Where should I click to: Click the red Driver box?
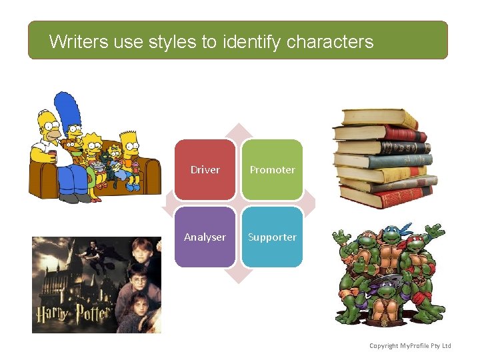pos(205,170)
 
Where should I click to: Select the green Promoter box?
pos(272,170)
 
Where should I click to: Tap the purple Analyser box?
pos(205,237)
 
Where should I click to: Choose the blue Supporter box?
pos(272,237)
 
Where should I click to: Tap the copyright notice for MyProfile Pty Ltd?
pos(410,345)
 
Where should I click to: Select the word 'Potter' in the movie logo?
pos(94,313)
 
